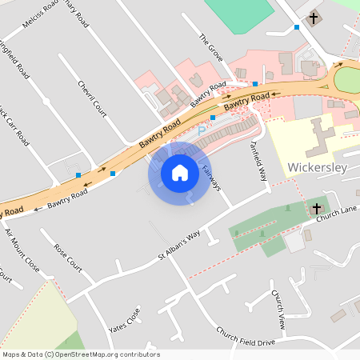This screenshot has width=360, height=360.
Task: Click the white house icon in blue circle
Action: [179, 172]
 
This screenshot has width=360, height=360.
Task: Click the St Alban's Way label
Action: [178, 246]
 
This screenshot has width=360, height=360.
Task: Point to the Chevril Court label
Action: [92, 98]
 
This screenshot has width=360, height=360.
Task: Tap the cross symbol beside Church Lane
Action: [317, 208]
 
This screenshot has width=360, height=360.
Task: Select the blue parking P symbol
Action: [202, 127]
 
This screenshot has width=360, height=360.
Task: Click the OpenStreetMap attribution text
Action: [81, 354]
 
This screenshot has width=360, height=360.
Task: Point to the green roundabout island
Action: [349, 80]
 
